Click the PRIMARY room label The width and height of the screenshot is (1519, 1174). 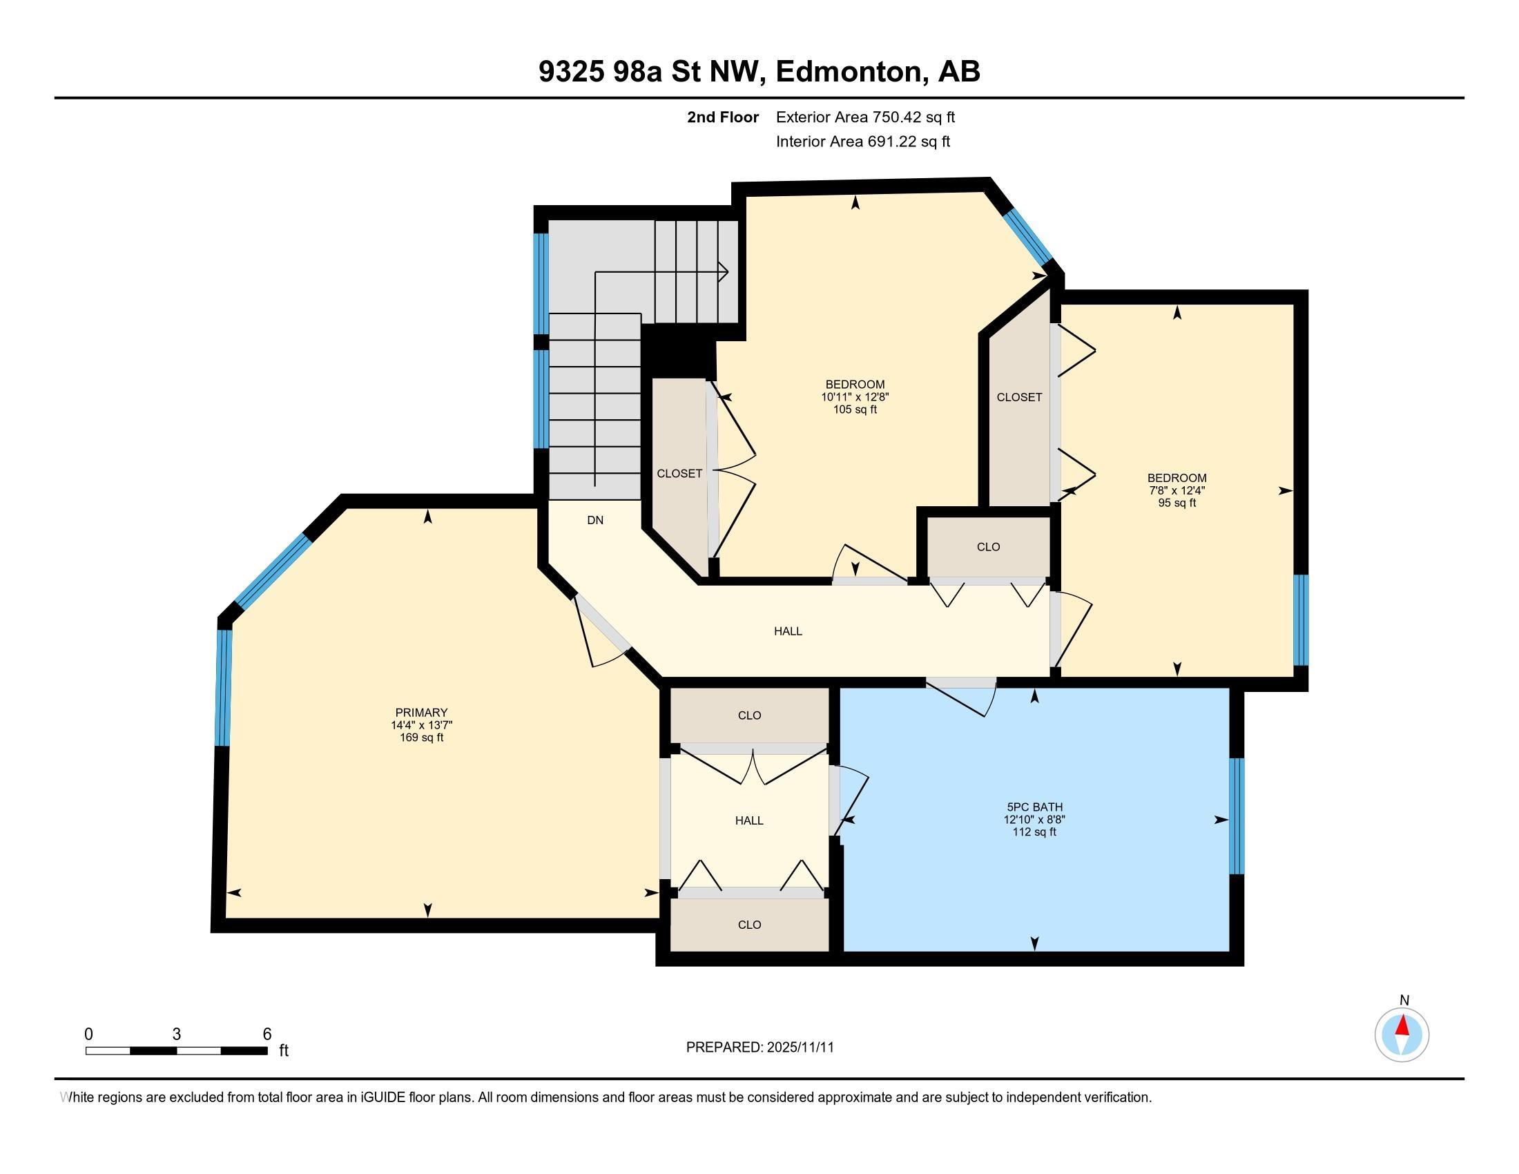(420, 712)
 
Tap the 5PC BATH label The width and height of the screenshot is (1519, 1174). (1034, 807)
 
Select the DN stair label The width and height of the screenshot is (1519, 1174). (595, 519)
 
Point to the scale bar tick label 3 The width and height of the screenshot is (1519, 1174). (177, 1035)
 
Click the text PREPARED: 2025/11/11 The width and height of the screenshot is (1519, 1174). (759, 1047)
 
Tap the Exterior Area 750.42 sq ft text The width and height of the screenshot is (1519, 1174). (865, 117)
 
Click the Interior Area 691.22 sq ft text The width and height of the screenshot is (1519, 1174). (862, 141)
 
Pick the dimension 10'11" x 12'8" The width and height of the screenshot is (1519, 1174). (855, 397)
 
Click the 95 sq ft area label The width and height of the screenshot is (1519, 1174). (1177, 503)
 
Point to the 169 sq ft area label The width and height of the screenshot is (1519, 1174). (420, 738)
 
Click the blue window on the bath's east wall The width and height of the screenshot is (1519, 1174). (1237, 815)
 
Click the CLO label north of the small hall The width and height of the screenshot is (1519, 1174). (749, 715)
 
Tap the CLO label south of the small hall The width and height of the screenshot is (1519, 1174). (749, 924)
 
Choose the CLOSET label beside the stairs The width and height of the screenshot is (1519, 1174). (679, 474)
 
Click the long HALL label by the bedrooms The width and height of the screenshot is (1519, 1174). (788, 631)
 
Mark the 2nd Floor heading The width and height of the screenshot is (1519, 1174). (723, 117)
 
